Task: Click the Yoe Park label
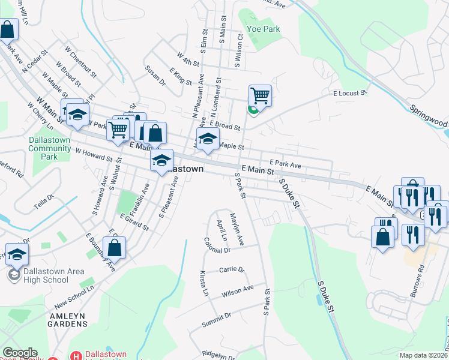click(265, 29)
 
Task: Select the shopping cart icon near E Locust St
click(260, 95)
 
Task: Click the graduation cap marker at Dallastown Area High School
click(17, 254)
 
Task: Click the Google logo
click(19, 353)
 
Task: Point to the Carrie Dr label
click(232, 270)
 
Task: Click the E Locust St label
click(350, 94)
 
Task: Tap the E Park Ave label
click(285, 163)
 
